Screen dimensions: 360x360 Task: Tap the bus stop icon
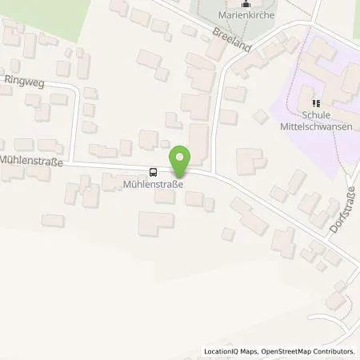[x=153, y=171]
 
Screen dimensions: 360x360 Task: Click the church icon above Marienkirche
[x=245, y=6]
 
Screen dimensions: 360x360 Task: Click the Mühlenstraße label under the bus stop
[x=153, y=183]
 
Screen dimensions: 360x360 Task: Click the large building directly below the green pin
[x=155, y=223]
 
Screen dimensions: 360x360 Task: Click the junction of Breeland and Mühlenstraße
[x=214, y=171]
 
